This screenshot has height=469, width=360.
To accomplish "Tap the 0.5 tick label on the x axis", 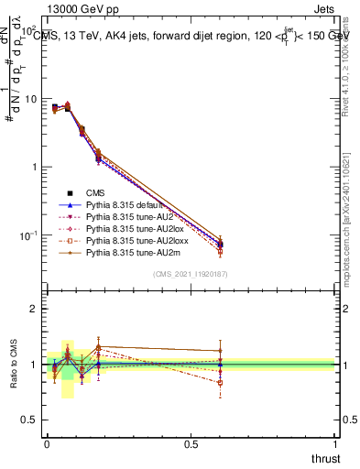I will point(191,443).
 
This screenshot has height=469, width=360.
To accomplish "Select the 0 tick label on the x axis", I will point(47,443).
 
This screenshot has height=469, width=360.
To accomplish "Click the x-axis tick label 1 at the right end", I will point(335,443).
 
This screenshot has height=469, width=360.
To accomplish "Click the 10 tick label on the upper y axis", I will point(31,99).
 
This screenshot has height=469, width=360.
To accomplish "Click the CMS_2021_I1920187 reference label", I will point(191,274).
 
